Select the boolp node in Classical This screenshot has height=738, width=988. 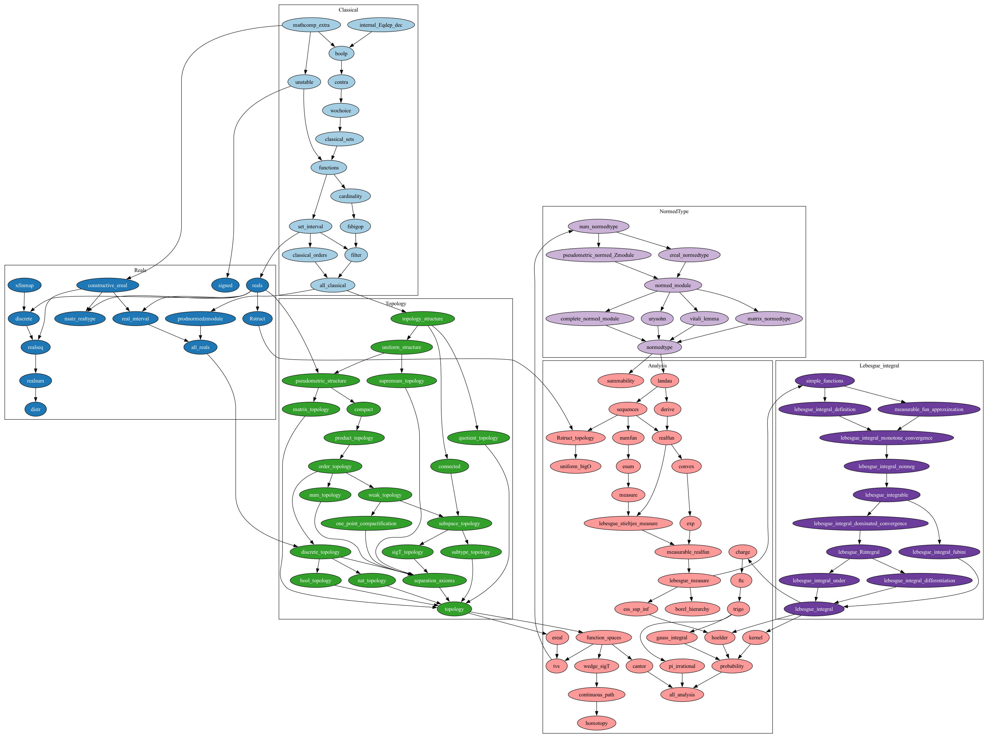[341, 53]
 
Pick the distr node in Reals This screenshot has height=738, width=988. [36, 409]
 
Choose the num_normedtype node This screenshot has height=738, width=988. [598, 226]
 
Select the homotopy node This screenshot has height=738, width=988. [596, 723]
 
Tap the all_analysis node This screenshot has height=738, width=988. [682, 695]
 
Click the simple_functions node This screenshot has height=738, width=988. [825, 381]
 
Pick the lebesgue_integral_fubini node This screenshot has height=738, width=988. [939, 552]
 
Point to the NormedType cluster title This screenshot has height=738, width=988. [674, 211]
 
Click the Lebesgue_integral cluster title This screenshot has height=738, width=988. [879, 365]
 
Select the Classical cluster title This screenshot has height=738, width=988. [348, 10]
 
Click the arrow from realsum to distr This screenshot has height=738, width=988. [36, 395]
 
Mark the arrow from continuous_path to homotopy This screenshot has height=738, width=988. [596, 709]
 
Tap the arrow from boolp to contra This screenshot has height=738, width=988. [341, 68]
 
